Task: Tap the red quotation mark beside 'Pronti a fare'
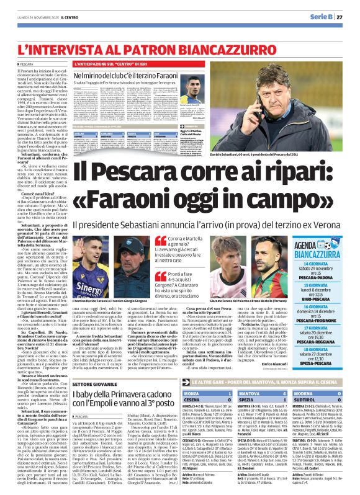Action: click(160, 274)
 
